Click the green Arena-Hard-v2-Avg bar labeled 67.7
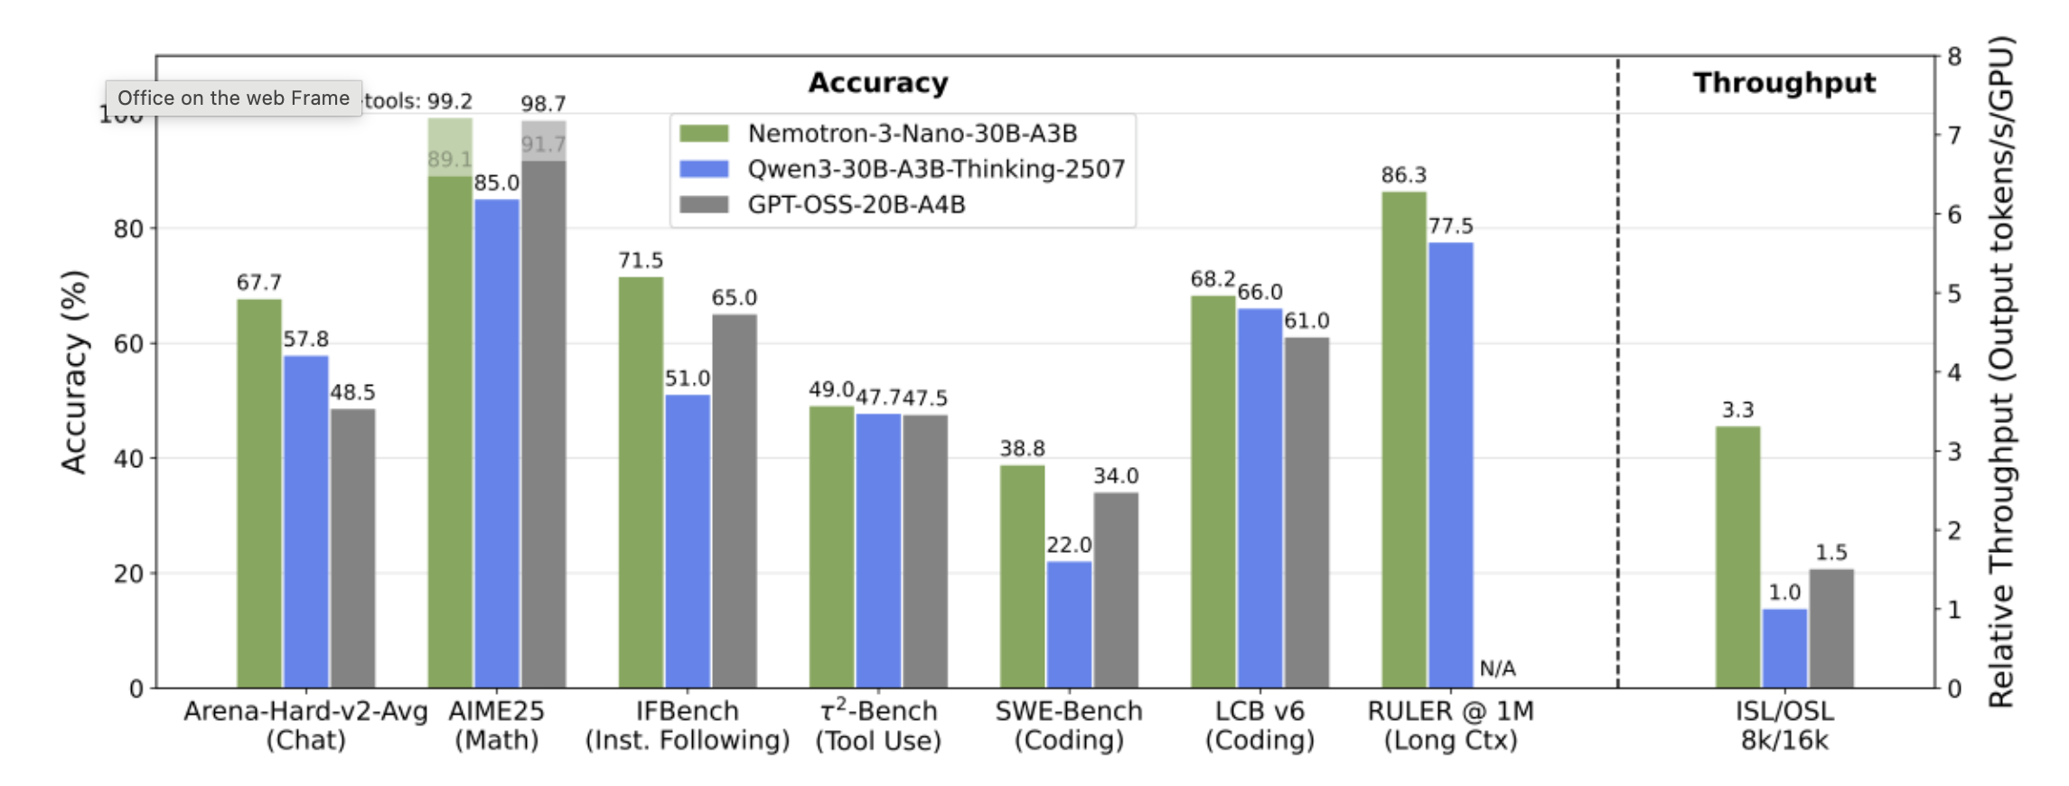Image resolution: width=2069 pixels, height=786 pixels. (259, 493)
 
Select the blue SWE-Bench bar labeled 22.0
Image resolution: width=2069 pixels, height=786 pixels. (1069, 624)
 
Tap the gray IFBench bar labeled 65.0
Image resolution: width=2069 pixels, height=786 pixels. (735, 501)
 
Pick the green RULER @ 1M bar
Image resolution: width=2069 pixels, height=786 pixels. (1403, 439)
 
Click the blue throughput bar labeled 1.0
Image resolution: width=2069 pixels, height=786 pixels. (1784, 648)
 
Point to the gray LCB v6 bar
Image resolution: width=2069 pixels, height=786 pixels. (1306, 512)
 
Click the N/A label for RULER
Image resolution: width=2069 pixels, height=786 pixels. (1497, 669)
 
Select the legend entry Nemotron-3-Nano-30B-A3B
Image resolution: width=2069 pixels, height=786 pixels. (912, 134)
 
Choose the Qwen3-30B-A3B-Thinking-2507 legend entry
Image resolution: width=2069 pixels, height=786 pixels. (935, 169)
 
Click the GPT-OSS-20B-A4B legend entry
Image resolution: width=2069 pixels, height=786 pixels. (856, 205)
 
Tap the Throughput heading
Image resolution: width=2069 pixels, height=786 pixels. (1784, 83)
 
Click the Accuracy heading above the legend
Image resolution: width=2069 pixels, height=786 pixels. (878, 83)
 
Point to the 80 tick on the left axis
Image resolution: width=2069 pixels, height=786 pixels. (128, 229)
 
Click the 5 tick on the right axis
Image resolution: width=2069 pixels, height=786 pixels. (1954, 294)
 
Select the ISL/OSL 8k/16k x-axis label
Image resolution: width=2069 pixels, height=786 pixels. (1784, 725)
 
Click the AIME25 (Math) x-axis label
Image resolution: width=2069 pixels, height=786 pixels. (496, 725)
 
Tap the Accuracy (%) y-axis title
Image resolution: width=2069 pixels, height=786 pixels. (74, 371)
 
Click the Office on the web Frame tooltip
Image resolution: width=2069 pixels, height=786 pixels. (233, 98)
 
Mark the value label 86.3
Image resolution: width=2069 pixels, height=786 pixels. (1403, 175)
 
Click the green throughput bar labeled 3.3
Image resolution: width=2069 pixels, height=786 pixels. (1737, 557)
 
